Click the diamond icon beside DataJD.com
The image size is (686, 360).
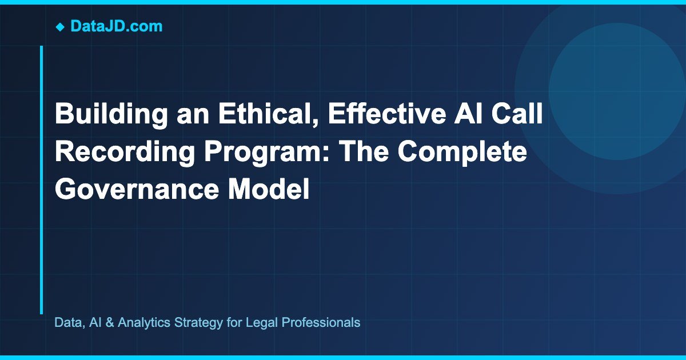pos(60,26)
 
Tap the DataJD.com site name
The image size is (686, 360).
pos(116,26)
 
